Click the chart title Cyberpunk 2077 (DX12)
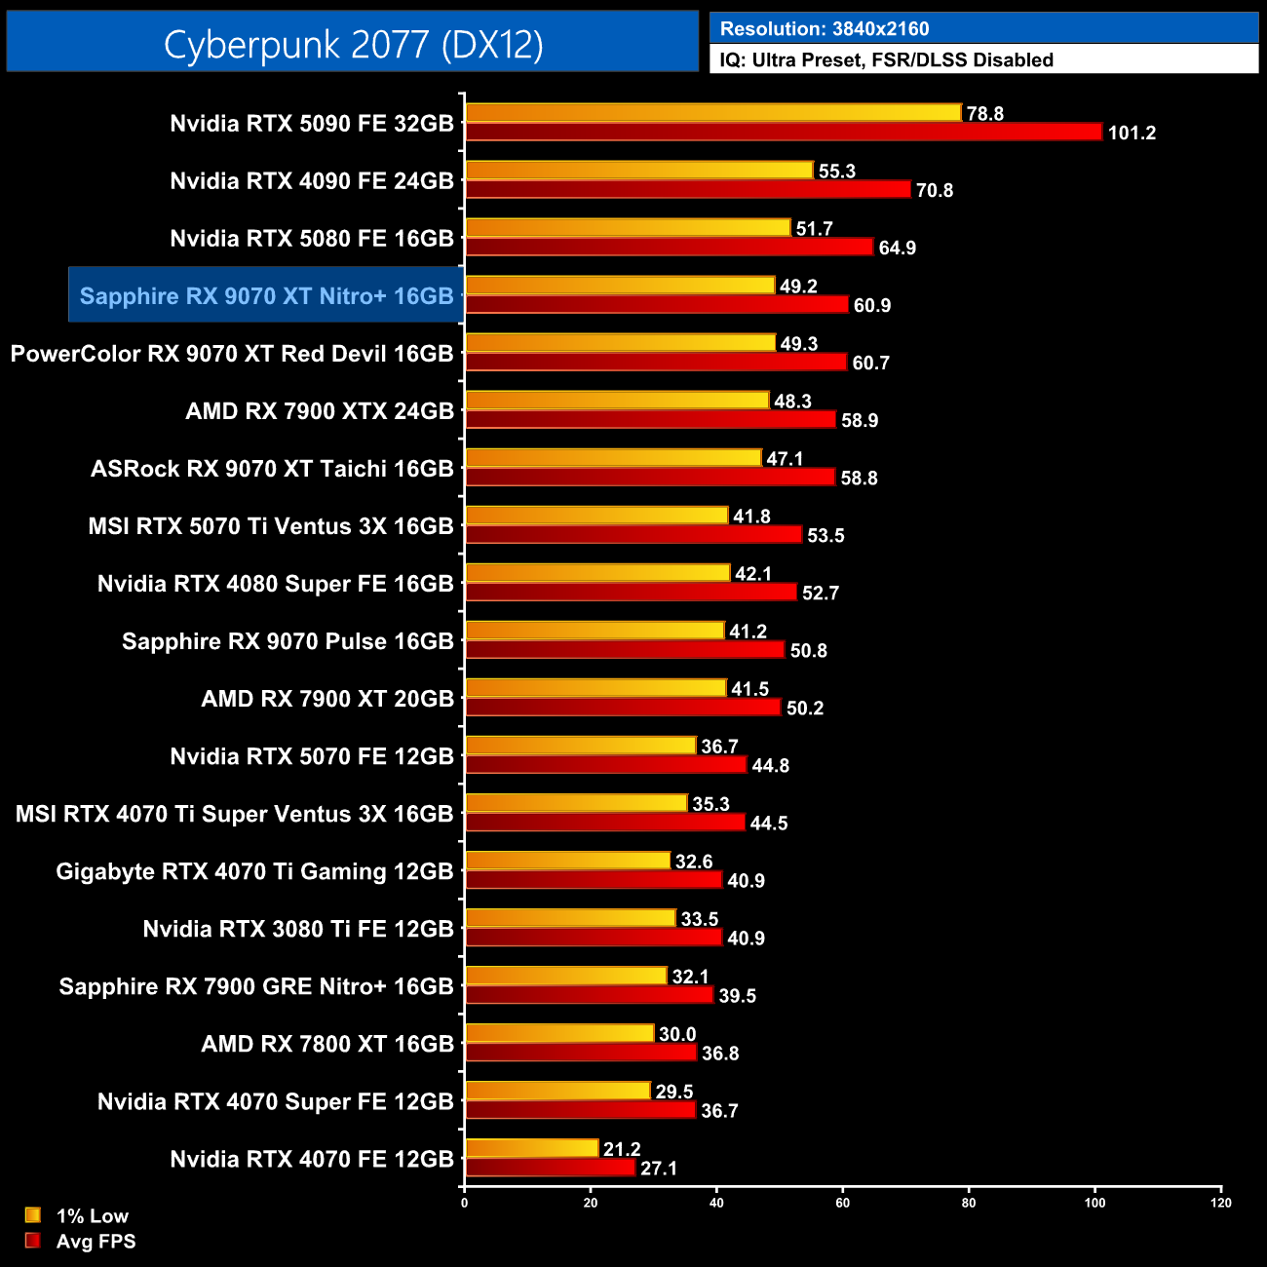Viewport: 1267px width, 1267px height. tap(353, 44)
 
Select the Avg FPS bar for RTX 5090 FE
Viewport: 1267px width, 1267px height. tap(783, 132)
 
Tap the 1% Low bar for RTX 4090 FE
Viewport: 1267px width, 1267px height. tap(638, 171)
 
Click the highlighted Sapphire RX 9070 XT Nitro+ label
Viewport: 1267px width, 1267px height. tap(266, 295)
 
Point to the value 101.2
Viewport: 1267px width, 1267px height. tap(1132, 133)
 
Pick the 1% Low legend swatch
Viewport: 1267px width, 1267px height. tap(33, 1215)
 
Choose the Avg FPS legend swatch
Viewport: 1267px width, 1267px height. tap(33, 1241)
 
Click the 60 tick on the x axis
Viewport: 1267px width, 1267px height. tap(843, 1203)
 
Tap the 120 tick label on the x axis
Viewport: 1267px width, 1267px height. tap(1221, 1203)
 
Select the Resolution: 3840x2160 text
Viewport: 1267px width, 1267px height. tap(825, 28)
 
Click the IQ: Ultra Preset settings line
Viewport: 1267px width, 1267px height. tap(886, 59)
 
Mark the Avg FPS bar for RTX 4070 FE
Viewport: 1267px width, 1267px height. tap(550, 1168)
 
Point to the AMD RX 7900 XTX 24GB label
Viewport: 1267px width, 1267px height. tap(320, 411)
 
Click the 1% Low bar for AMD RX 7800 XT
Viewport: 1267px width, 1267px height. tap(559, 1033)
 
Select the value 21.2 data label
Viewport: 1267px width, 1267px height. tap(622, 1149)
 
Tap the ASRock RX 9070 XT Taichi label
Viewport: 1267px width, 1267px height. tap(272, 469)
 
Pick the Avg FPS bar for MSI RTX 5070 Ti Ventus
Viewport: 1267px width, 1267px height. tap(633, 534)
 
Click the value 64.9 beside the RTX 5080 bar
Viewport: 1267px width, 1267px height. tap(897, 248)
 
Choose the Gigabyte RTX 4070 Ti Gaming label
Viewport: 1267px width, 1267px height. tap(254, 871)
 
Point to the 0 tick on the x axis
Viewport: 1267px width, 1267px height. tap(464, 1203)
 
